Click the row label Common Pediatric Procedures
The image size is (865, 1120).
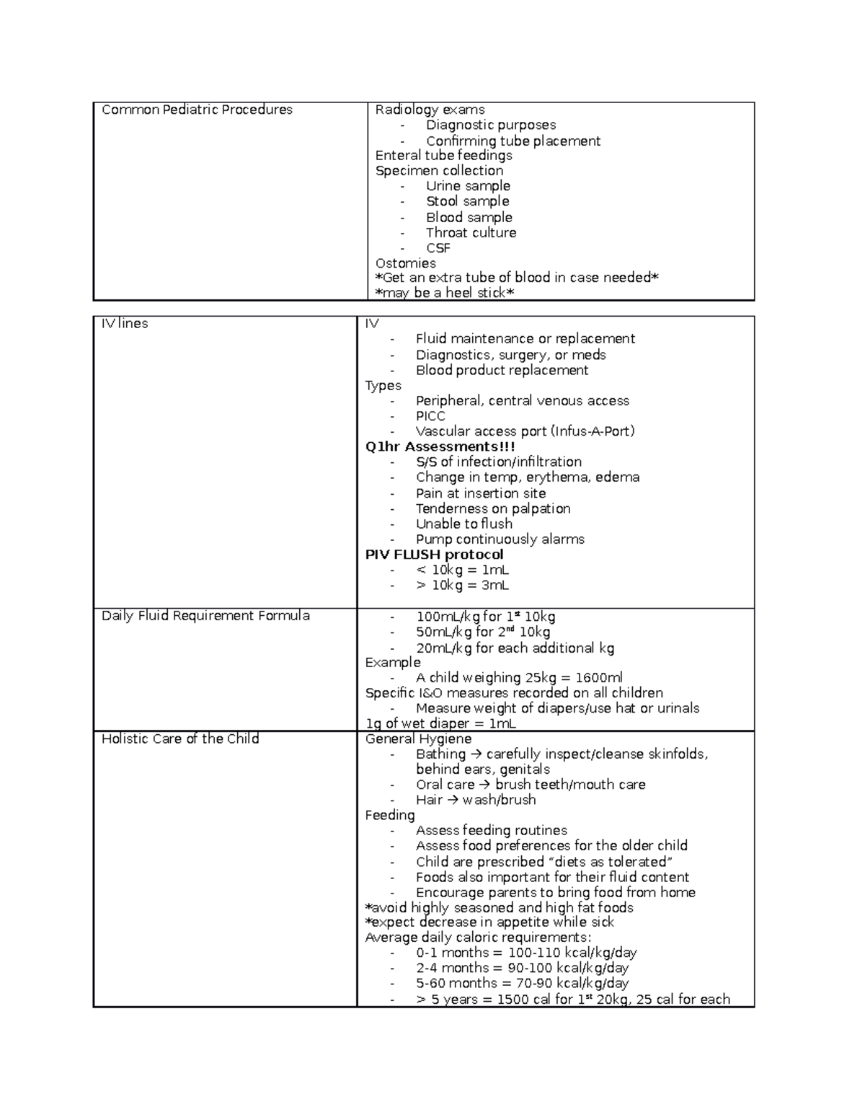click(197, 110)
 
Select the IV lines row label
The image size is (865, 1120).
click(125, 324)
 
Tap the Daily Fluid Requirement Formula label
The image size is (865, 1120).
click(205, 616)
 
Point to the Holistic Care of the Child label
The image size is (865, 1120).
click(180, 739)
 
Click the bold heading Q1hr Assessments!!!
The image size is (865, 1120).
click(440, 446)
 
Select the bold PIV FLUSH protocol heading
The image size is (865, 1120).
click(434, 555)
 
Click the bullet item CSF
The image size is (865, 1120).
click(438, 248)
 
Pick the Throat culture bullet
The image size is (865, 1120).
click(471, 233)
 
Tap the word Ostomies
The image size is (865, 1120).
click(405, 263)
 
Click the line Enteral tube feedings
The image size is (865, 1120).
click(443, 156)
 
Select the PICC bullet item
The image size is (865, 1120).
click(430, 416)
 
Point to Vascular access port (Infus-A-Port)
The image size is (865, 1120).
click(525, 431)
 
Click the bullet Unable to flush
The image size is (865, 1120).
click(463, 524)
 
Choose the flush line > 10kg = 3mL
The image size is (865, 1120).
click(462, 586)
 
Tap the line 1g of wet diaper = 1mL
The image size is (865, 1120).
click(440, 724)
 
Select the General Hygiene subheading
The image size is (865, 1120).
click(418, 739)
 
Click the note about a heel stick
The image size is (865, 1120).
click(445, 293)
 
